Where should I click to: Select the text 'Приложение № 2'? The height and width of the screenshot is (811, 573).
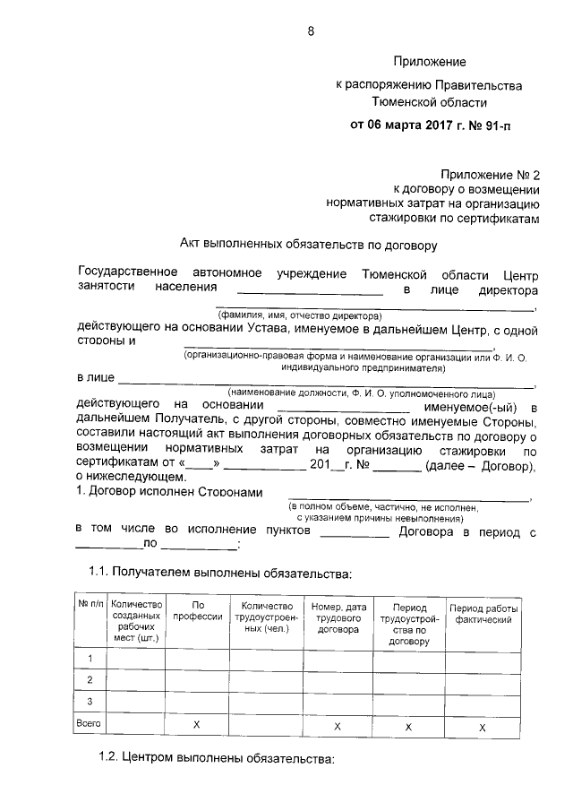pos(491,175)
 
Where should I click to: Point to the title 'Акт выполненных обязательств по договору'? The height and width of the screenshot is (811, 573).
pos(308,244)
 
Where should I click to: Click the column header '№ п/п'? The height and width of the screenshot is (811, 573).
pos(90,606)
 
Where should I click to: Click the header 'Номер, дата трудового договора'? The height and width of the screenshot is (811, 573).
pos(338,618)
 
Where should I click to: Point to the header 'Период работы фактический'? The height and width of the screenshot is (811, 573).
pos(483,613)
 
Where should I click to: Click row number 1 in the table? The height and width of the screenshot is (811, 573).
pos(90,660)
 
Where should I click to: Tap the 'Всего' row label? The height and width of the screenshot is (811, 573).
pos(90,723)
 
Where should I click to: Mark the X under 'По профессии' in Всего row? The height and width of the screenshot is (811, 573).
pos(196,724)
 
